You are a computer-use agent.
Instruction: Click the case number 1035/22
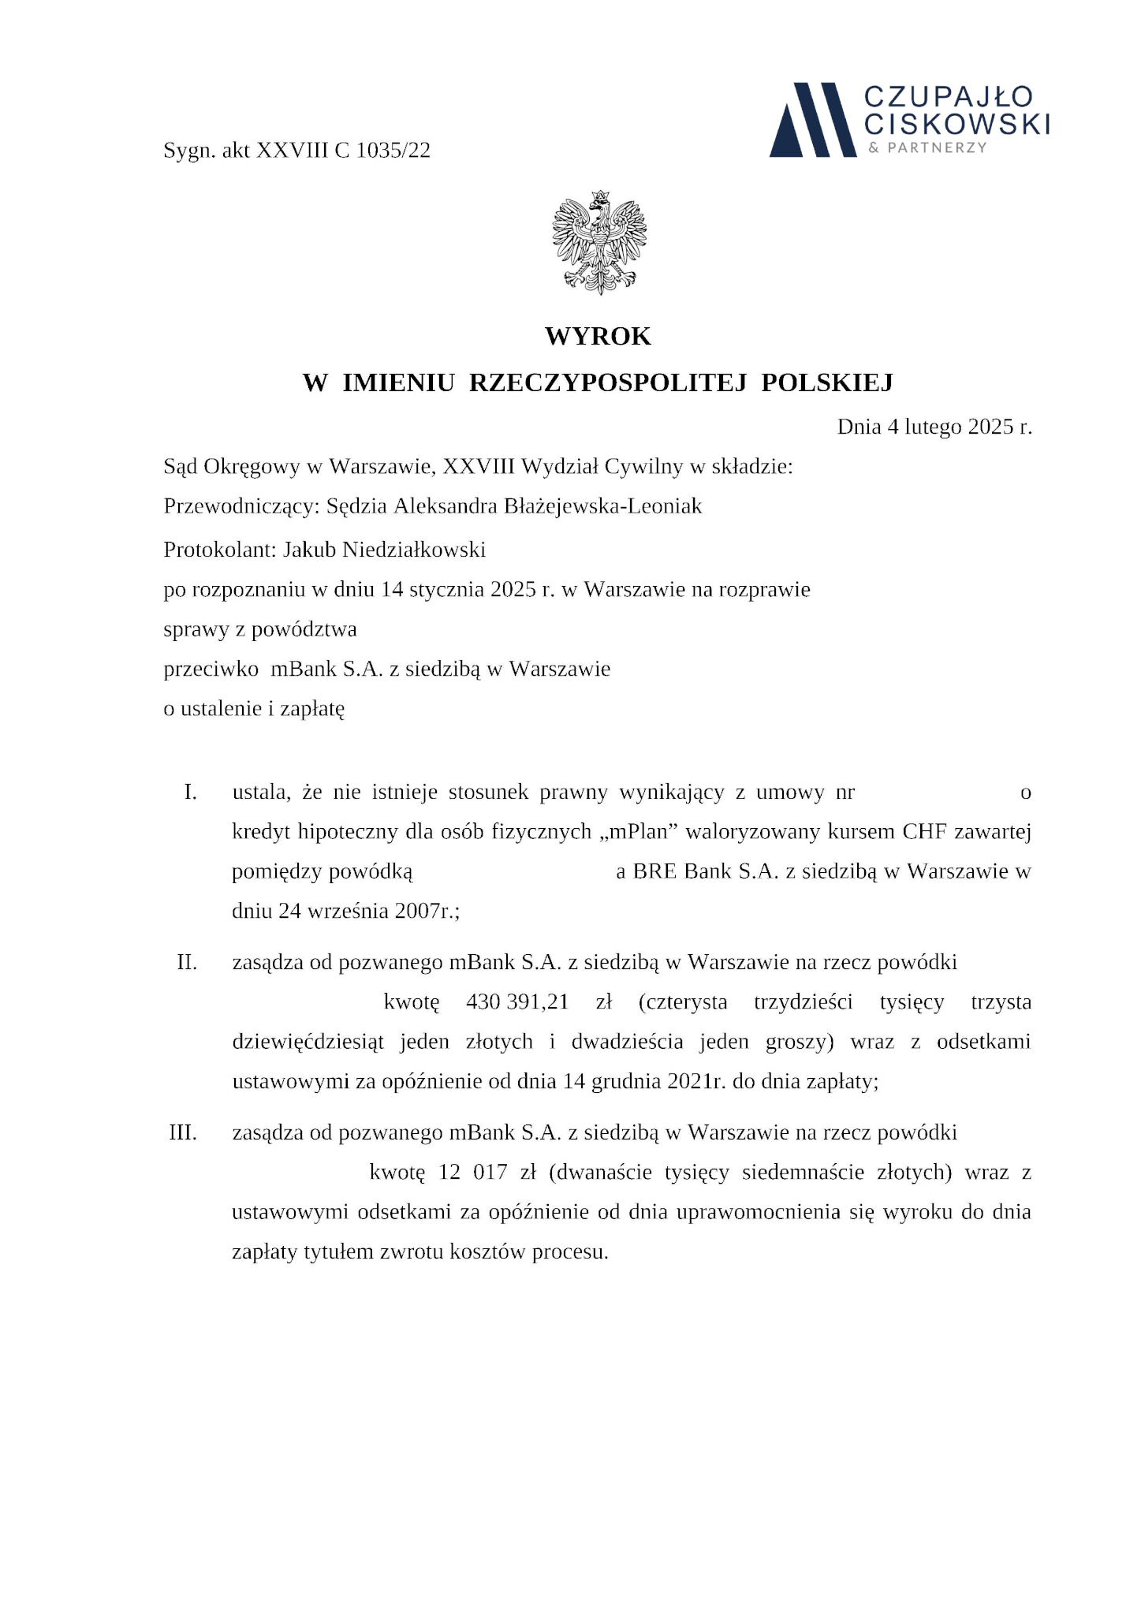393,150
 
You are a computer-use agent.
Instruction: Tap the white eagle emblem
600,242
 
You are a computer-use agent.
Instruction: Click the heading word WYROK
598,337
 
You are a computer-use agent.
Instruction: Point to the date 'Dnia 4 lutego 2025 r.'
934,427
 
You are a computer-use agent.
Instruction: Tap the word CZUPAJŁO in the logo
948,98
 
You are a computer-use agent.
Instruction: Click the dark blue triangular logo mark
812,119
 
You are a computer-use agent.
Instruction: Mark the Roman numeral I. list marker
190,792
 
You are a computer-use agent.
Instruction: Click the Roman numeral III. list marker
183,1132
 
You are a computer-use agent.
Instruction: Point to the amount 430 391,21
517,1002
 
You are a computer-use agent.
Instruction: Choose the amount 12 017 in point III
472,1172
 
